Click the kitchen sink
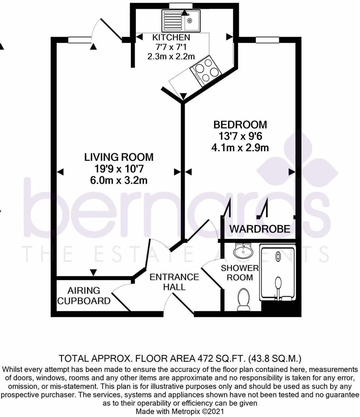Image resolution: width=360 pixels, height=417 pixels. (181, 19)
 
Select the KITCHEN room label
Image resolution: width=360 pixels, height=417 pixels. (171, 37)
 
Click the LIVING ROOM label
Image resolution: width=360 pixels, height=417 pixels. (119, 157)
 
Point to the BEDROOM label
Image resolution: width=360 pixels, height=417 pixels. (240, 125)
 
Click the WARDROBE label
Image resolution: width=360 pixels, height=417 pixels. (260, 229)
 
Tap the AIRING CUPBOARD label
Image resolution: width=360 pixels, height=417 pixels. (84, 295)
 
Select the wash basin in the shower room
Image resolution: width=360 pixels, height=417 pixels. (243, 251)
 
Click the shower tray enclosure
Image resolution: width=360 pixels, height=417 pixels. (278, 272)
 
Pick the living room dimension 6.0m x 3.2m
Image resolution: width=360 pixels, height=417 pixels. (119, 180)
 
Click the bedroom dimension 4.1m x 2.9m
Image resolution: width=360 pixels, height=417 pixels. (240, 147)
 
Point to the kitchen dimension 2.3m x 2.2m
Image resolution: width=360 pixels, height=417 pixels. (171, 56)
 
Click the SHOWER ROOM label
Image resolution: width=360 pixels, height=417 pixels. (239, 273)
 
